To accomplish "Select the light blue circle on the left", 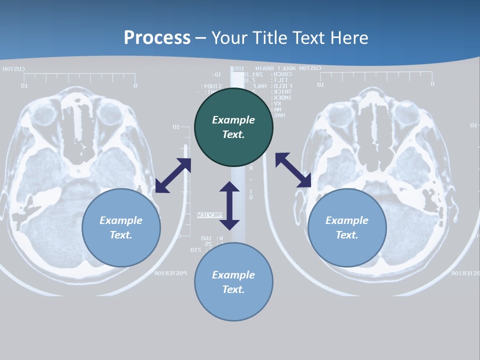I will (121, 227).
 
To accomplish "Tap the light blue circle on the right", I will (347, 227).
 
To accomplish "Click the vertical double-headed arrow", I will (229, 205).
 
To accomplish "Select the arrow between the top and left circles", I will (173, 175).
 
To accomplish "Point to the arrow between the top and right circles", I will (293, 170).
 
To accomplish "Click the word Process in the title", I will (157, 37).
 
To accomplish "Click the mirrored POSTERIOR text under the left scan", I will (170, 273).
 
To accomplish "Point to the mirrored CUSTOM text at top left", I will (13, 69).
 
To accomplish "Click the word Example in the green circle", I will (233, 120).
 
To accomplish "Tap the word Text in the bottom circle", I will (233, 289).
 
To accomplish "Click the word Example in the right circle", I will (347, 220).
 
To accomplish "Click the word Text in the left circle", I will (121, 235).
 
